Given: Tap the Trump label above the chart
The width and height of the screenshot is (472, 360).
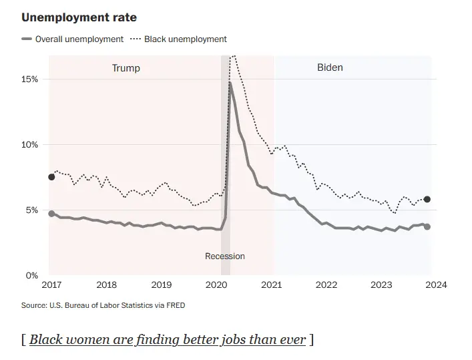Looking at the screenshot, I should point(126,68).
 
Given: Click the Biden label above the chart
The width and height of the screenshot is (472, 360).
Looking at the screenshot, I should point(330,67).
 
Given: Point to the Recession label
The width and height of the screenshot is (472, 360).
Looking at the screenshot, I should point(224,256).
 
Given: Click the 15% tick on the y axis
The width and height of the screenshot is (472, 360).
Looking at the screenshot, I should point(30,79).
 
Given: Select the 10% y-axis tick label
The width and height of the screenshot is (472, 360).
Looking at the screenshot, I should point(30,145).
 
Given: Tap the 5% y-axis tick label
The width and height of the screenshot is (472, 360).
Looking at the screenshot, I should point(32,210).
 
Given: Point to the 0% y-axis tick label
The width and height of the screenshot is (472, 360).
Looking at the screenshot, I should point(32,275).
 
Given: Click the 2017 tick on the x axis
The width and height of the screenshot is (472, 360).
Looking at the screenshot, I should point(51,285).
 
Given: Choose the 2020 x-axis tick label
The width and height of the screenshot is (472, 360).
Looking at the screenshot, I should point(216,285).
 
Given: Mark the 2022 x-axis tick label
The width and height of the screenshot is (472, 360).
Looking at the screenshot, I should point(326,285).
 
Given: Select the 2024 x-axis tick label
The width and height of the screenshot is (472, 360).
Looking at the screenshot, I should point(436,285).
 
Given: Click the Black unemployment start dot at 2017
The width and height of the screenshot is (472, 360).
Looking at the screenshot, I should point(51,177).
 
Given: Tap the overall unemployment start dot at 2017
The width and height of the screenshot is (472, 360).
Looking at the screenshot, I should point(51,214).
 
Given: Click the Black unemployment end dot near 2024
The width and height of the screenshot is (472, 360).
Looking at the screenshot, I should point(427,199).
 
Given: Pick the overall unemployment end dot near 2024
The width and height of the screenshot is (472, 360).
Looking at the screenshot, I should point(427,227).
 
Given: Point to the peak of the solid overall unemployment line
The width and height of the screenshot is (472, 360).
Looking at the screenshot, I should point(230,83).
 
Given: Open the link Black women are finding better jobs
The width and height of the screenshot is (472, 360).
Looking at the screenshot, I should point(168,339).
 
